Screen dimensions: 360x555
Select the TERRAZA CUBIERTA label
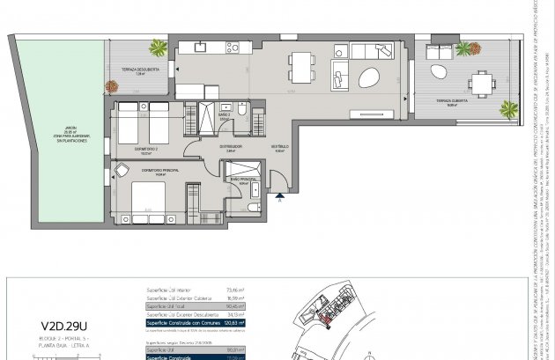[440, 103]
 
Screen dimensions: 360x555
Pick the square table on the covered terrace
[481, 83]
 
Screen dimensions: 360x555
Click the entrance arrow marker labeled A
[280, 195]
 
